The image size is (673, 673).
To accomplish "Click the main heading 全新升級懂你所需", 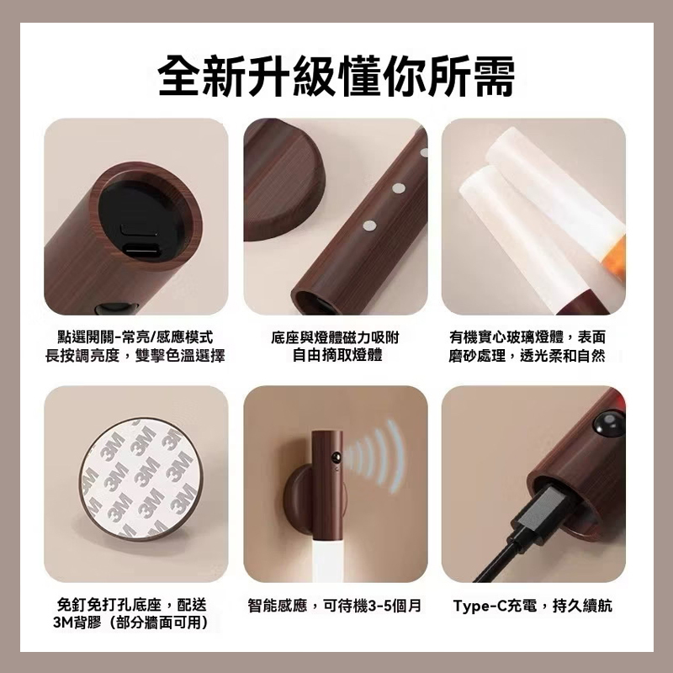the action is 336,76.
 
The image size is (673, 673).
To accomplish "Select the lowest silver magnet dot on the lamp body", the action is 368,225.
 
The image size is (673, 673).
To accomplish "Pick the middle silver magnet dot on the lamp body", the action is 399,188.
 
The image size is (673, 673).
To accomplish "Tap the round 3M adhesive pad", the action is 140,476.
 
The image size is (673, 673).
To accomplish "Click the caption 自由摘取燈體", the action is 337,355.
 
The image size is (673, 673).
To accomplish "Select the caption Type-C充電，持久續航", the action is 533,606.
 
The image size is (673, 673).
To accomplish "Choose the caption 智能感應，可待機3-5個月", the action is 335,606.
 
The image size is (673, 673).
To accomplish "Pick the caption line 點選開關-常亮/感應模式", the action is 135,337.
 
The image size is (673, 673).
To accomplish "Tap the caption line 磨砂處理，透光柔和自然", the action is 527,355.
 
